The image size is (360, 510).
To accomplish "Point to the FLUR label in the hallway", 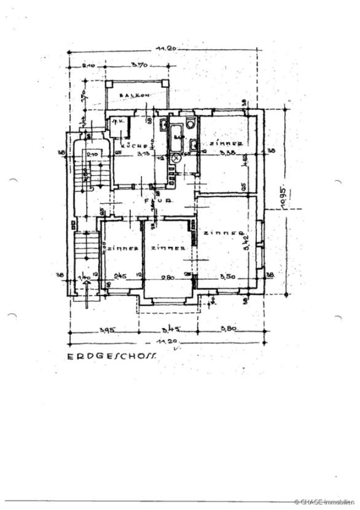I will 152,201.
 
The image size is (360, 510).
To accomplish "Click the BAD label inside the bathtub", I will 178,137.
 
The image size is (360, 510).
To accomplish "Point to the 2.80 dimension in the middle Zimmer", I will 166,277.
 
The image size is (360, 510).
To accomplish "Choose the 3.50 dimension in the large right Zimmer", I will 227,277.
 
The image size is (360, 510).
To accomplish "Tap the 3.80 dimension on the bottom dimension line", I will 229,329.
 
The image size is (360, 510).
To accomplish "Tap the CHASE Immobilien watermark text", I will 324,503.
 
